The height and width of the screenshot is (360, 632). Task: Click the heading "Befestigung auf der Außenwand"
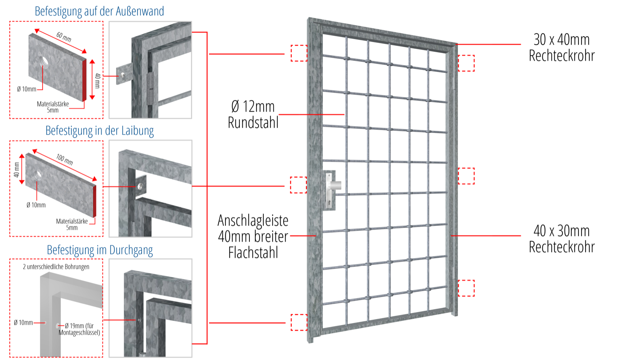(x=99, y=11)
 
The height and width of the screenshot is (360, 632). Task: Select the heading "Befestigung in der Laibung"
(x=99, y=131)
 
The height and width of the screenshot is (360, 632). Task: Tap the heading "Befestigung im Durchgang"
(x=100, y=250)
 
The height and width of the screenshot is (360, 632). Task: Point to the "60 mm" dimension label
(x=64, y=37)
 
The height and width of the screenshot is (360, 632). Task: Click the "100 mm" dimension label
(x=64, y=159)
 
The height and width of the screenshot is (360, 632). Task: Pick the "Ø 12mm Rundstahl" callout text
(x=253, y=115)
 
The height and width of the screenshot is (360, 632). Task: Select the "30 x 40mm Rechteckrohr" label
(x=562, y=48)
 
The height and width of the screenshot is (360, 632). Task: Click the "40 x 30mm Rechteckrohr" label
(x=562, y=239)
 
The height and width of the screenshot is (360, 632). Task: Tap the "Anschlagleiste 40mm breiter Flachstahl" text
(x=253, y=236)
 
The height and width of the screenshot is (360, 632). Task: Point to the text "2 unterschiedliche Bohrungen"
(x=56, y=267)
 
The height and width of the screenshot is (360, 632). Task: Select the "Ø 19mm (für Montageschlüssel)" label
(x=79, y=329)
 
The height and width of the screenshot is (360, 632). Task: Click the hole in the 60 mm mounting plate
(x=44, y=62)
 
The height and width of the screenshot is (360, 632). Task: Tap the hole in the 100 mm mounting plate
(x=38, y=173)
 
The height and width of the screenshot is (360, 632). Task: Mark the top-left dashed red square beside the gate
(x=299, y=53)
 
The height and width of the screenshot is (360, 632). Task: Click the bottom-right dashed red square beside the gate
(x=466, y=288)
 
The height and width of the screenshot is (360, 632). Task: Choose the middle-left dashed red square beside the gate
(x=298, y=185)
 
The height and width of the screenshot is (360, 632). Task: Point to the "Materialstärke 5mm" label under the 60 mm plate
(x=53, y=107)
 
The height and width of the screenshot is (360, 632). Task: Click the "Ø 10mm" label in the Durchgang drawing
(x=23, y=323)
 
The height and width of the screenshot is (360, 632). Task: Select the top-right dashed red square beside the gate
(x=466, y=63)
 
